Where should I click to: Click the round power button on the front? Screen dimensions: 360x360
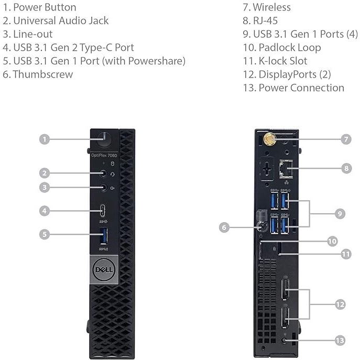click(105, 139)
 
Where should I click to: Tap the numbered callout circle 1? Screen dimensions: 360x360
click(46, 139)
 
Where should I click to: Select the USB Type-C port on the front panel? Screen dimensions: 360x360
click(105, 211)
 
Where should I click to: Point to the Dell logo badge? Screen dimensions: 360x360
click(104, 270)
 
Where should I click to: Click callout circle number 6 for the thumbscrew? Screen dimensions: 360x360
click(224, 227)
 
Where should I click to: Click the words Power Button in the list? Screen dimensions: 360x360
click(45, 7)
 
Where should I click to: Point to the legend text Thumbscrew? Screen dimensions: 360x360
click(42, 74)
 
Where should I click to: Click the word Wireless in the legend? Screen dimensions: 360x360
click(271, 7)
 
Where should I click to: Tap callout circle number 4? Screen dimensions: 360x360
click(46, 211)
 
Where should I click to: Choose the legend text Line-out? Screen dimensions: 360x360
click(32, 34)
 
